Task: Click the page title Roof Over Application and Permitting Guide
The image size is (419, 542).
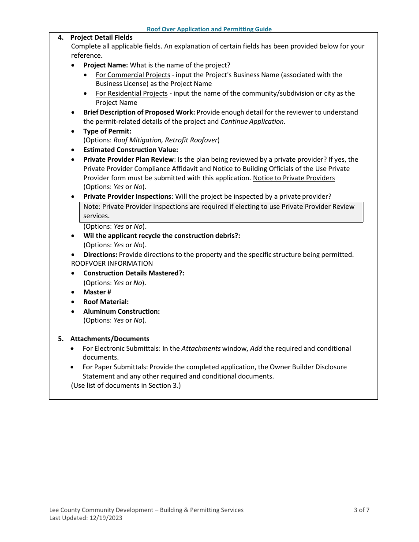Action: tap(209, 29)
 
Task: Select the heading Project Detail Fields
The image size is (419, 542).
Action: tap(101, 37)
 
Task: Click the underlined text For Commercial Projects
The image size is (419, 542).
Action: tap(133, 75)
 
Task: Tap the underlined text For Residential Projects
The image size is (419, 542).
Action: tap(131, 93)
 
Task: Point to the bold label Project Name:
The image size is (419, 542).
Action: tap(105, 65)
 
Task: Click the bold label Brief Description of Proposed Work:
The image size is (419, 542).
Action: tap(139, 112)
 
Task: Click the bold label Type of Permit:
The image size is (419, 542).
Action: tap(107, 131)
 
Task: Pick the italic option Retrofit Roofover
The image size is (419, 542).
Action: tap(191, 140)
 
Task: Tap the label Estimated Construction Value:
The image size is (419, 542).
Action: tap(131, 150)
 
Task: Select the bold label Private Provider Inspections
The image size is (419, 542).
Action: tap(127, 197)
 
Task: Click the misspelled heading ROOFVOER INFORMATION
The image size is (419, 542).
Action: tap(112, 264)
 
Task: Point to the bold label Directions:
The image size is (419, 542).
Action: tap(100, 255)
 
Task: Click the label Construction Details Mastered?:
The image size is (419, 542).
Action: tap(134, 273)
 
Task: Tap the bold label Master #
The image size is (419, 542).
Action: tap(97, 292)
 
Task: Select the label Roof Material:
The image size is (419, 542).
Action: tap(106, 302)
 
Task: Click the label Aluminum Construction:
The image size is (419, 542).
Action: tap(121, 312)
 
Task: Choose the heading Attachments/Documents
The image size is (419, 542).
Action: tap(109, 339)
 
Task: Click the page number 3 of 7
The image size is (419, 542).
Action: tap(361, 510)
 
